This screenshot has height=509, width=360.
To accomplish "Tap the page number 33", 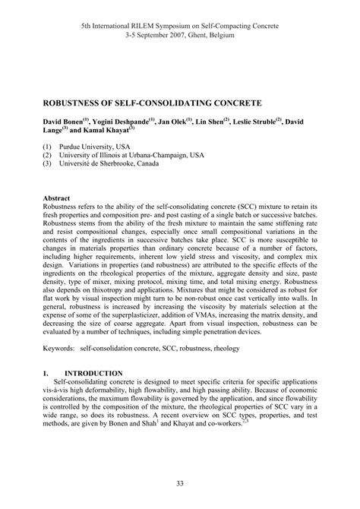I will pos(179,483).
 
